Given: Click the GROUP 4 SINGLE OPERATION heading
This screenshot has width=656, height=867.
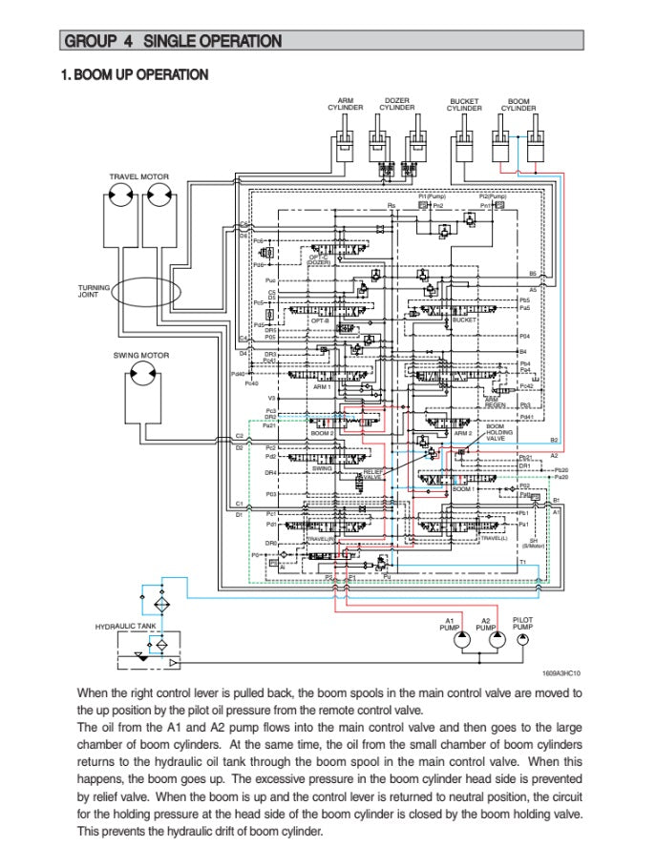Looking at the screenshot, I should [x=172, y=41].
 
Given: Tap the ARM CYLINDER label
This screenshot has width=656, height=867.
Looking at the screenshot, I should [x=346, y=104].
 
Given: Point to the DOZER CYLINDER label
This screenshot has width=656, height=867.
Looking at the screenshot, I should [x=397, y=104].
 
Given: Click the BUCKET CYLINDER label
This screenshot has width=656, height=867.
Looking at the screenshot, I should [x=464, y=105].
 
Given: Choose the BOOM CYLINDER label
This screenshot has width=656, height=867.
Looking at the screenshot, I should [x=518, y=105].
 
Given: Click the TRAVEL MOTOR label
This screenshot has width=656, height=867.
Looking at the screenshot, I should [x=138, y=176].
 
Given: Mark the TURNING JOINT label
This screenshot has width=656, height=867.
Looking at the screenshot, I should [x=94, y=290].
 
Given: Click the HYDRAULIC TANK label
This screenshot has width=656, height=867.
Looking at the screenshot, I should [x=125, y=627].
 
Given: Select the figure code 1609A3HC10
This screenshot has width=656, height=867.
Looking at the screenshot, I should [x=561, y=672].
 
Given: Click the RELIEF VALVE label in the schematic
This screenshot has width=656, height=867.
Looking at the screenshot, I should [x=371, y=474].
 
